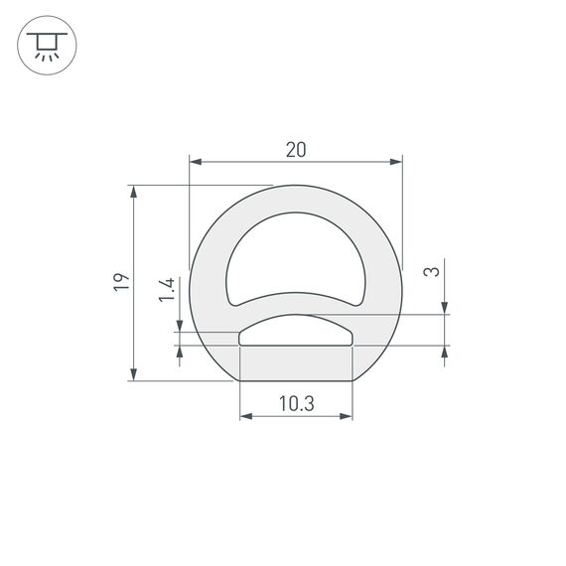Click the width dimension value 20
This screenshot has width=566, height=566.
pos(295,150)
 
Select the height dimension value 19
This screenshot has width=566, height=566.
pos(120,282)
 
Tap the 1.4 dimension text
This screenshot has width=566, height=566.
pos(168,289)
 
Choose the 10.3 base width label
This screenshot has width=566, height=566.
pos(296,403)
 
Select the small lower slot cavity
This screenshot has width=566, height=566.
pos(296,332)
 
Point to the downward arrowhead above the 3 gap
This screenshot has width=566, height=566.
pos(443,308)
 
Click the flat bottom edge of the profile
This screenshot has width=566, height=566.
pos(296,381)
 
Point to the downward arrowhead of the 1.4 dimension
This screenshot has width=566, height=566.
pos(180,326)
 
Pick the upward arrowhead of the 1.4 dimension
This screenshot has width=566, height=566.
pos(180,351)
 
